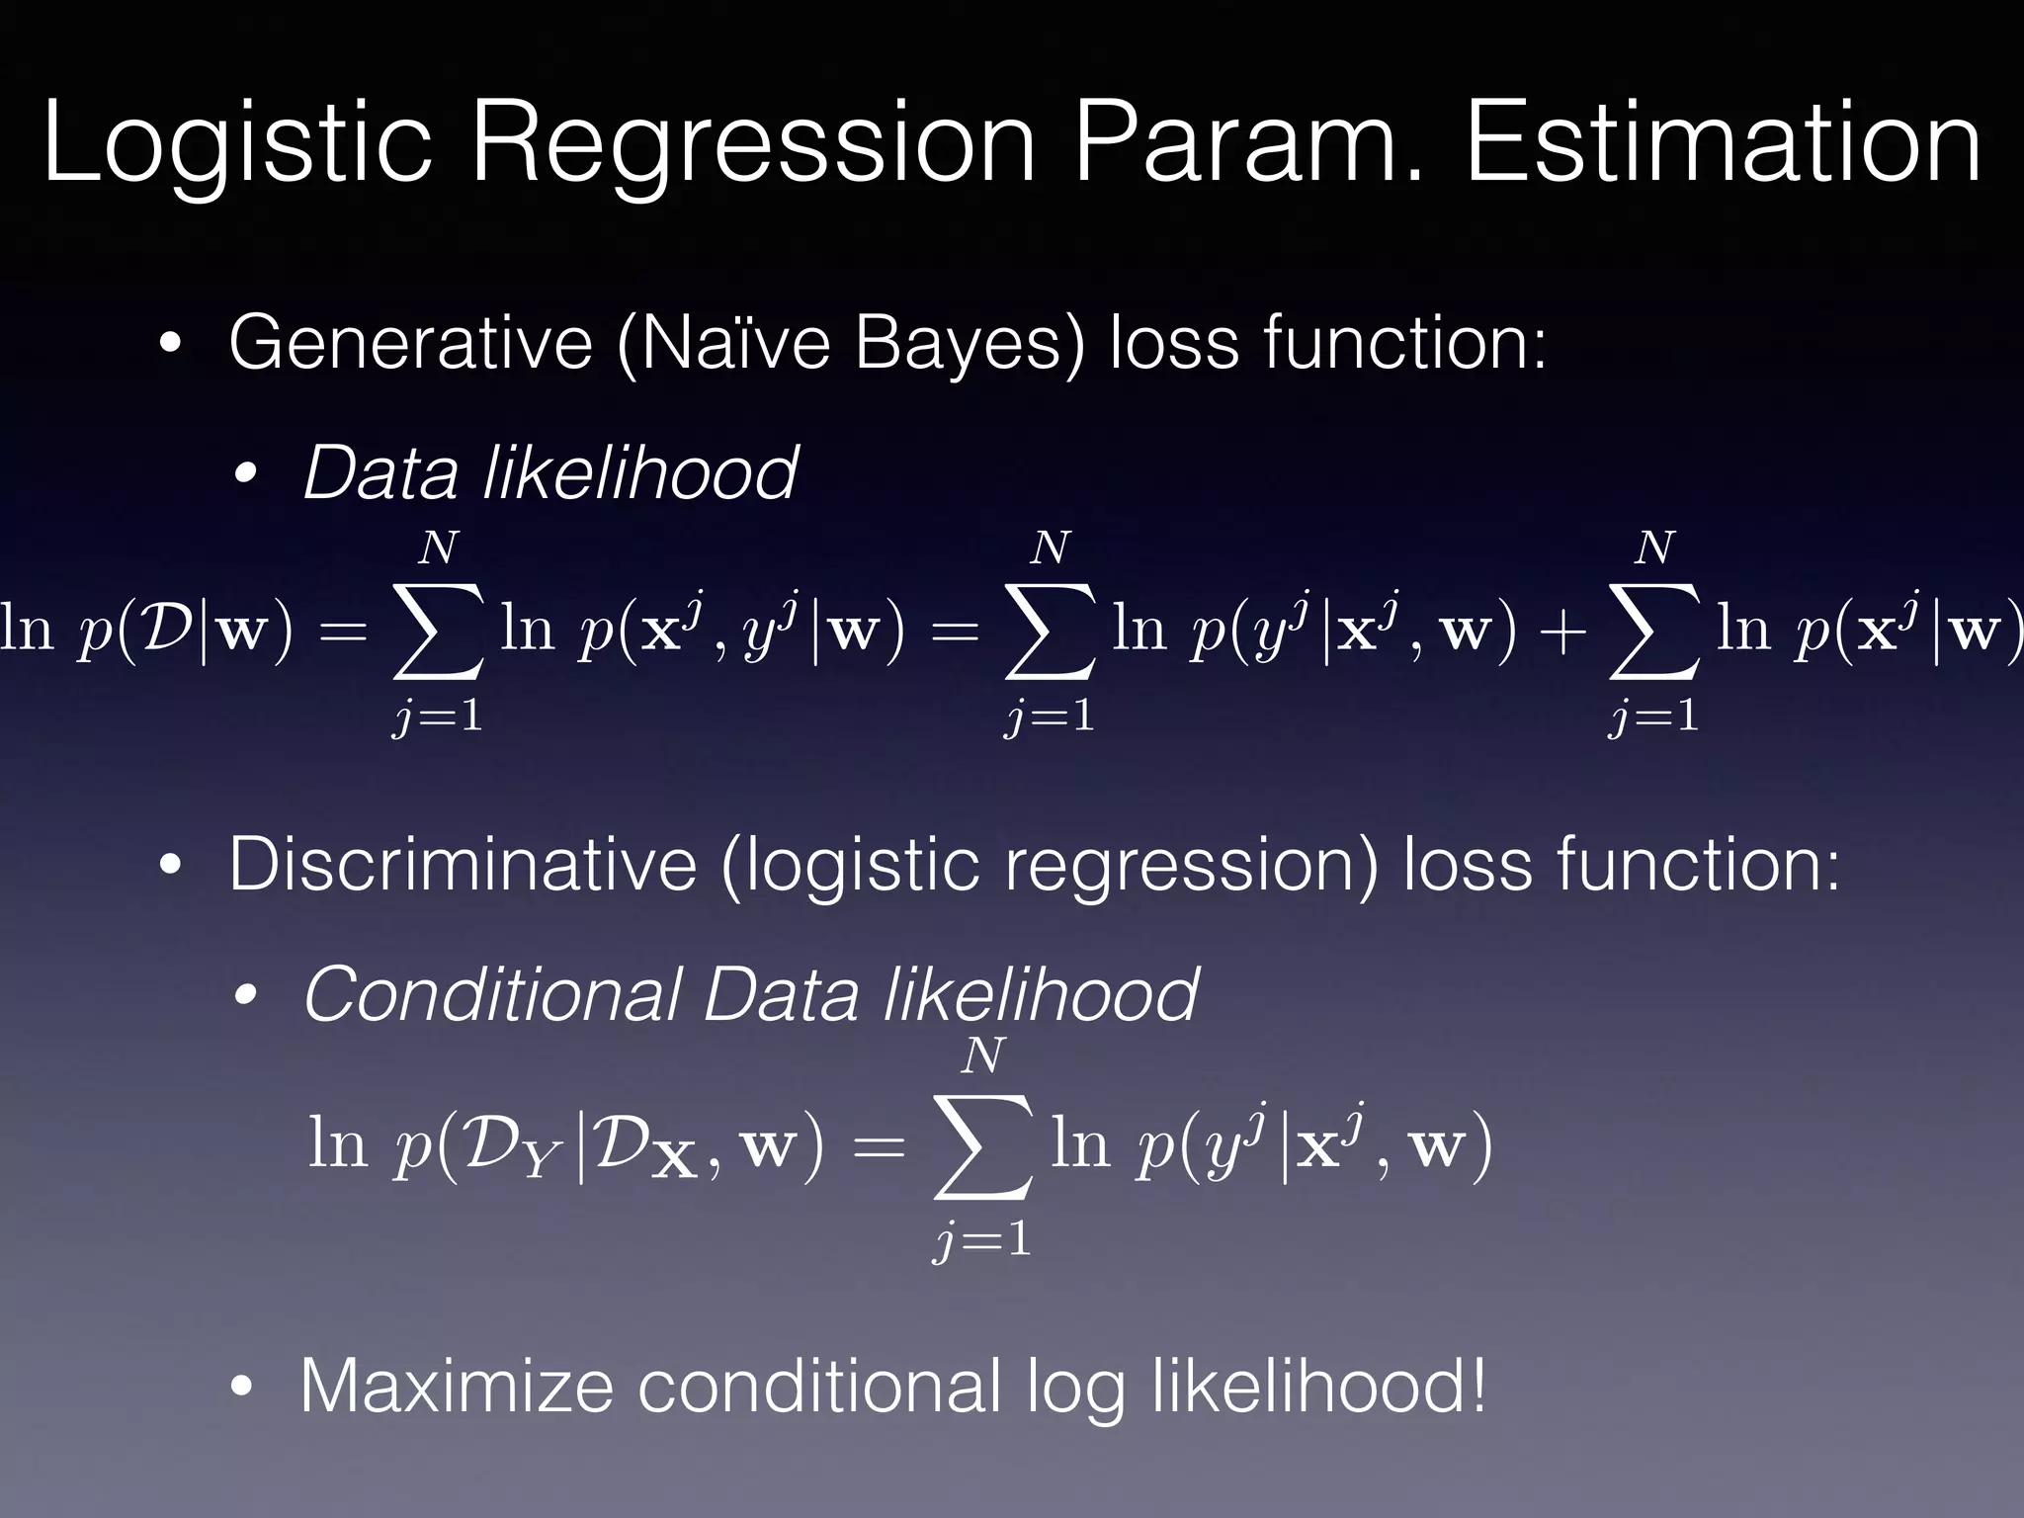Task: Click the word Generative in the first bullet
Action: point(409,342)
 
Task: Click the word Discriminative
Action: point(462,864)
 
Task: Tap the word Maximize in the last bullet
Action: point(456,1386)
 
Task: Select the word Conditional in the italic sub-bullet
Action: point(492,994)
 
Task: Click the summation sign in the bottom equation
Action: point(982,1146)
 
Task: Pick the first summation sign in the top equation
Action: point(438,632)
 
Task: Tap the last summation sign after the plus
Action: point(1653,632)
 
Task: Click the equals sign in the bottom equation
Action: point(878,1146)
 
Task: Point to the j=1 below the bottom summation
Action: point(982,1239)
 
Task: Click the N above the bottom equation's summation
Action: point(983,1056)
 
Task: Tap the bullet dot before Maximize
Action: point(242,1388)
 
